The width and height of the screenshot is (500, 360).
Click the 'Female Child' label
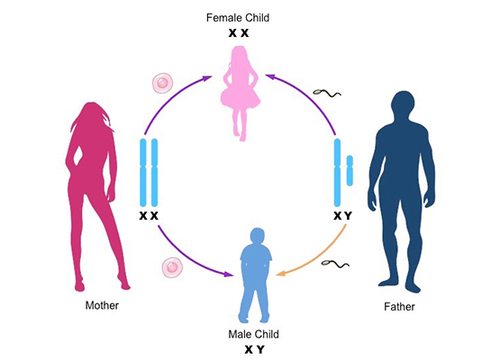tap(238, 17)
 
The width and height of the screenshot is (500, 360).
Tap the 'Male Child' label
tap(254, 334)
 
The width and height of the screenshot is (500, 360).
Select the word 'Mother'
tap(102, 305)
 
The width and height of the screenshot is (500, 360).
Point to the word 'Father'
tap(400, 307)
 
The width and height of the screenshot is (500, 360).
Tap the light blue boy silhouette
tap(256, 274)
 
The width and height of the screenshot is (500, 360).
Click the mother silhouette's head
tap(93, 112)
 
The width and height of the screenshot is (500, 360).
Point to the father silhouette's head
tap(404, 102)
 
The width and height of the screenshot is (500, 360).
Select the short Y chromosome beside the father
tap(350, 170)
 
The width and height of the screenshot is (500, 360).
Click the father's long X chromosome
tap(337, 173)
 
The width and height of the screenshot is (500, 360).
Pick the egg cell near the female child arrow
tap(163, 83)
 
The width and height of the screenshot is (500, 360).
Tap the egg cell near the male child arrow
tap(172, 267)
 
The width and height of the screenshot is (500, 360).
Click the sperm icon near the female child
tap(327, 93)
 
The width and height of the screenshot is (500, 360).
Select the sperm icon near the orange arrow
tap(335, 263)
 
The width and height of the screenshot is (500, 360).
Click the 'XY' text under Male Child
tap(254, 349)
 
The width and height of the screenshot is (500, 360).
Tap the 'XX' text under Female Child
tap(239, 32)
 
